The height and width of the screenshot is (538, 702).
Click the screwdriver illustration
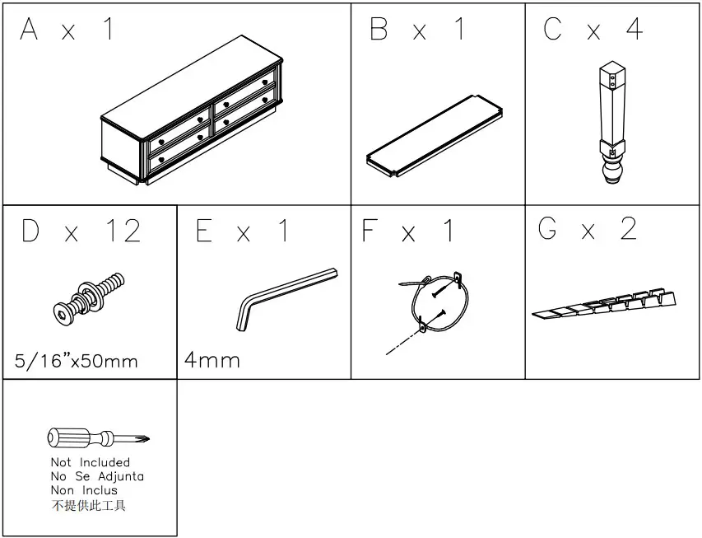click(98, 437)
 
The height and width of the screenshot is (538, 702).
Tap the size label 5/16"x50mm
click(77, 361)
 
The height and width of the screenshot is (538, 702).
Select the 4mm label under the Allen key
click(212, 360)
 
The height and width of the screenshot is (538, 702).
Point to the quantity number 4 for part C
click(634, 30)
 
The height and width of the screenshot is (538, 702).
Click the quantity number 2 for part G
click(629, 229)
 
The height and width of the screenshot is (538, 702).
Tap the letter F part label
click(370, 231)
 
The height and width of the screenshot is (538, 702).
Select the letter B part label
click(379, 30)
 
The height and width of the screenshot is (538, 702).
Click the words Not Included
click(91, 462)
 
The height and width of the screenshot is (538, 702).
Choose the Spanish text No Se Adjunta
click(97, 476)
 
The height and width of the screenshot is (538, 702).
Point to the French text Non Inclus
click(84, 490)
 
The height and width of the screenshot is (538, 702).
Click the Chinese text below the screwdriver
click(89, 505)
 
